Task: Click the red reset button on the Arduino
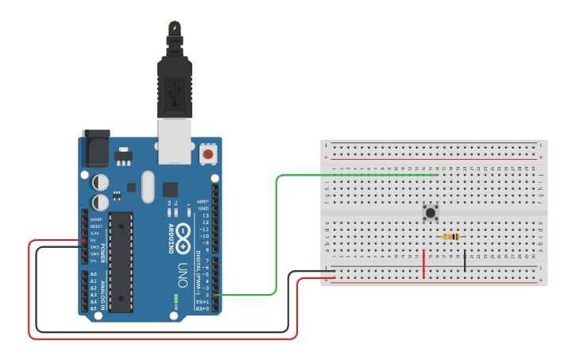point(208,153)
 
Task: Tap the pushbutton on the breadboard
point(431,212)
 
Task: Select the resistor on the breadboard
point(452,237)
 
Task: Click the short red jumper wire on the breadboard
point(423,264)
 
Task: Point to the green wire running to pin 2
point(276,238)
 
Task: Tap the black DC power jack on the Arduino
point(95,149)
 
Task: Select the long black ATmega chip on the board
point(121,261)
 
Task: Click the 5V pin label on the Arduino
point(94,240)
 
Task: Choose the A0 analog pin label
point(94,274)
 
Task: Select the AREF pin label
point(203,202)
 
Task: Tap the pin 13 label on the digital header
point(205,215)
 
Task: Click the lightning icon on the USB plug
point(175,29)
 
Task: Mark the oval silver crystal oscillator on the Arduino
point(148,187)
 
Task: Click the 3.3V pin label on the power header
point(95,233)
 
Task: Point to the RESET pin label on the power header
point(95,226)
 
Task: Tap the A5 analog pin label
point(94,308)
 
